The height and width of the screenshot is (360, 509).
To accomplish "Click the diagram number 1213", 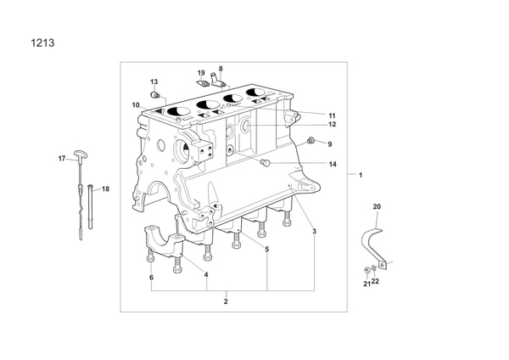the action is (x=42, y=43).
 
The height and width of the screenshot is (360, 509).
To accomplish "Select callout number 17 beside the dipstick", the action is (x=62, y=159).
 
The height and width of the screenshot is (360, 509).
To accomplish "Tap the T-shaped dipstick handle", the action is (x=79, y=155).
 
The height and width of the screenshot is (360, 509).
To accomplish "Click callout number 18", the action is (x=106, y=188).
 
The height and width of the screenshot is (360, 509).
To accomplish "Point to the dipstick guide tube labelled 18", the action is (x=90, y=206).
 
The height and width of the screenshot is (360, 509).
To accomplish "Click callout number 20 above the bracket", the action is (x=377, y=206).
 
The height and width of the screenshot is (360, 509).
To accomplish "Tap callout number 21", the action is (x=366, y=284).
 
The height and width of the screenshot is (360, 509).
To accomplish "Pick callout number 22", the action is (x=375, y=281).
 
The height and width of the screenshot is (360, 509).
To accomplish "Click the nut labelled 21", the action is (x=367, y=270).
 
